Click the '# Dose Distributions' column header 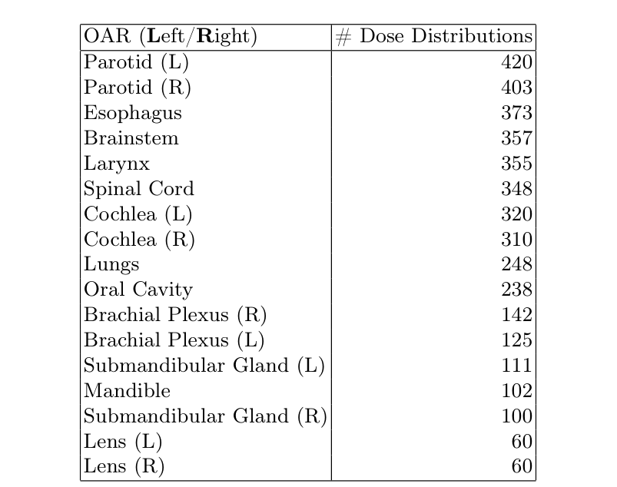pyautogui.click(x=434, y=37)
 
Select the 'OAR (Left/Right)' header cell pyautogui.click(x=170, y=37)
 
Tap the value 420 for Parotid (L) pyautogui.click(x=516, y=62)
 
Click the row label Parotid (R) pyautogui.click(x=137, y=88)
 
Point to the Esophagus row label pyautogui.click(x=133, y=113)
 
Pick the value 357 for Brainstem pyautogui.click(x=516, y=138)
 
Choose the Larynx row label pyautogui.click(x=117, y=164)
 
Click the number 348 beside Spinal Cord pyautogui.click(x=516, y=189)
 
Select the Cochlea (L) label pyautogui.click(x=138, y=214)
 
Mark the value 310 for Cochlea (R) pyautogui.click(x=516, y=240)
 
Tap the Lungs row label pyautogui.click(x=111, y=265)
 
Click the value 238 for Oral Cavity pyautogui.click(x=516, y=290)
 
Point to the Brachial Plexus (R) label pyautogui.click(x=175, y=315)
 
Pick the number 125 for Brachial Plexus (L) pyautogui.click(x=516, y=340)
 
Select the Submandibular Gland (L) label pyautogui.click(x=204, y=366)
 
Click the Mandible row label pyautogui.click(x=127, y=391)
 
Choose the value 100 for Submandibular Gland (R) pyautogui.click(x=516, y=416)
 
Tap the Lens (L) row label pyautogui.click(x=123, y=442)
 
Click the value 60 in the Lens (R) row pyautogui.click(x=522, y=466)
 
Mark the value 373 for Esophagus pyautogui.click(x=516, y=113)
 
